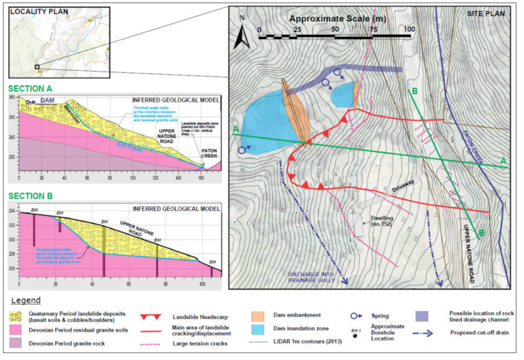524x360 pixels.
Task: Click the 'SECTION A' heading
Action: (x=30, y=87)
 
